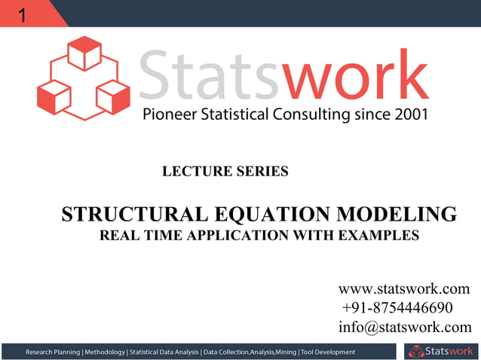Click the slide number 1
click(x=22, y=14)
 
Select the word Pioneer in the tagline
click(x=168, y=115)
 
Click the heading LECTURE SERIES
click(x=225, y=172)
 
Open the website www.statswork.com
click(x=404, y=288)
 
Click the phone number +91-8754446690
click(x=397, y=308)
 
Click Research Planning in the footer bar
click(x=53, y=352)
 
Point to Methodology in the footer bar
click(x=105, y=352)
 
